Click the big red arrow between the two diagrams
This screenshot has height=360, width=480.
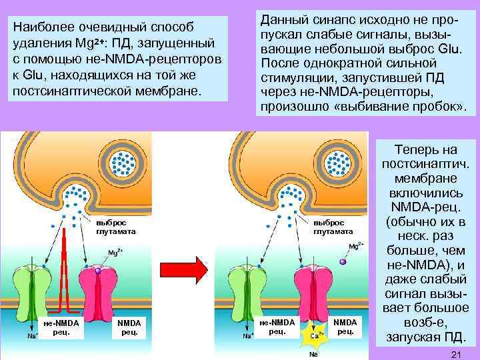click(x=200, y=270)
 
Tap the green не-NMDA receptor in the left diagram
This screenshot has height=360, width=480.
click(x=45, y=290)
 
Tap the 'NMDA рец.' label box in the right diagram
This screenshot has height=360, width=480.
click(x=345, y=327)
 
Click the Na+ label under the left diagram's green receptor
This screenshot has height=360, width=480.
click(x=31, y=337)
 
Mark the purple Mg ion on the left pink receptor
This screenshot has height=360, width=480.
click(x=98, y=270)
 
